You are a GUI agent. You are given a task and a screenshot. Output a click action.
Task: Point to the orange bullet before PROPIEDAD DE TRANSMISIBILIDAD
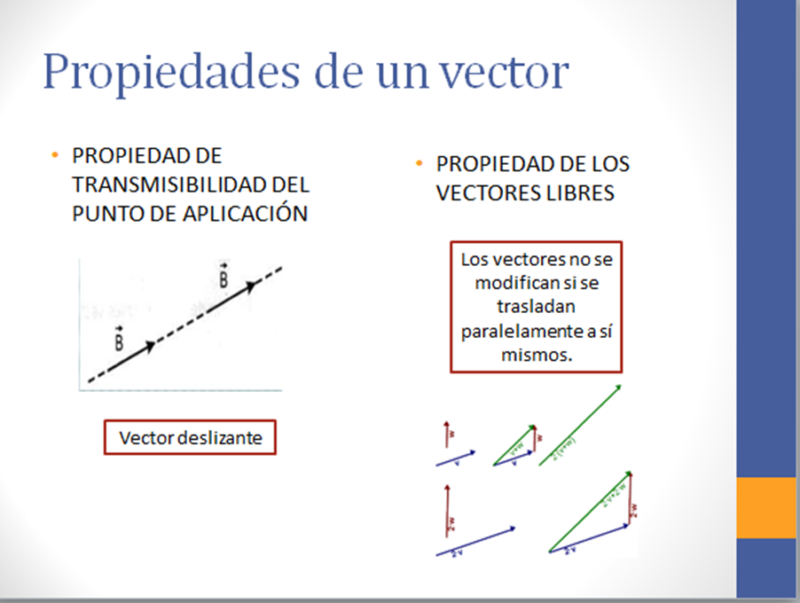55,156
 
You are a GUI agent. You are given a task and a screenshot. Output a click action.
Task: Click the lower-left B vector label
120,339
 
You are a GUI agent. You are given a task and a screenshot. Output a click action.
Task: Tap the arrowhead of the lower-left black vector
151,346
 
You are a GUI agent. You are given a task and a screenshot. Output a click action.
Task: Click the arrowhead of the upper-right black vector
253,285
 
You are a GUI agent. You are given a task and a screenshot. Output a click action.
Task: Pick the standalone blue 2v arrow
475,541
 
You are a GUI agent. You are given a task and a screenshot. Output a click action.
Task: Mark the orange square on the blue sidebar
766,507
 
